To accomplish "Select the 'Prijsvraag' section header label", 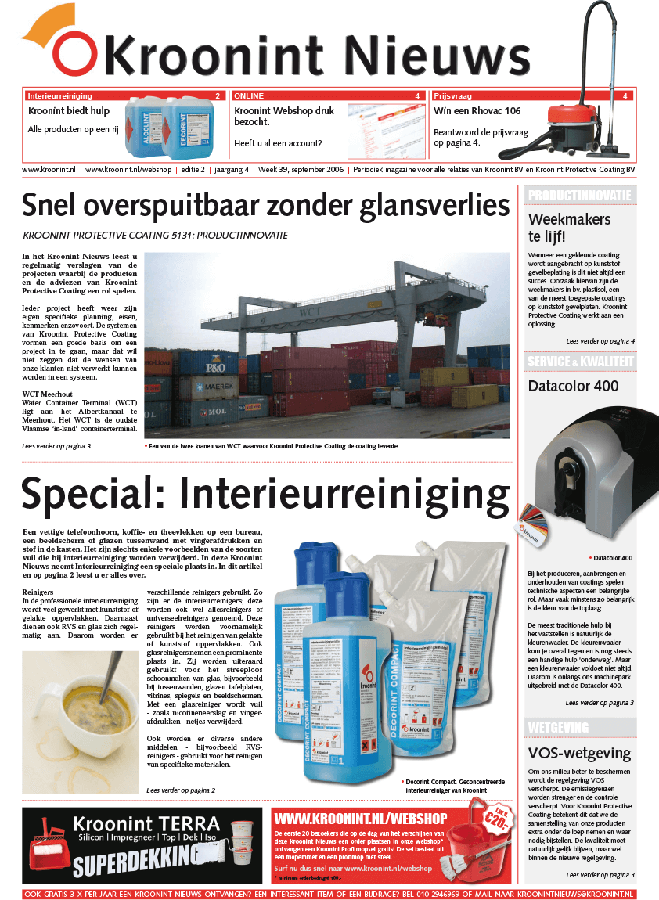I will coord(453,95).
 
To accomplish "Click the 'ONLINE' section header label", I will coord(249,95).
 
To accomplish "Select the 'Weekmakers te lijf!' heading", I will coord(558,227).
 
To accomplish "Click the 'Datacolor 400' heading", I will coord(573,386).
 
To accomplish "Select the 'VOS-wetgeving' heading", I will coord(579,754).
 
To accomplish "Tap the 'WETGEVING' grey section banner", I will coord(558,728).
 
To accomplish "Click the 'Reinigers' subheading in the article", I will coord(38,592).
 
